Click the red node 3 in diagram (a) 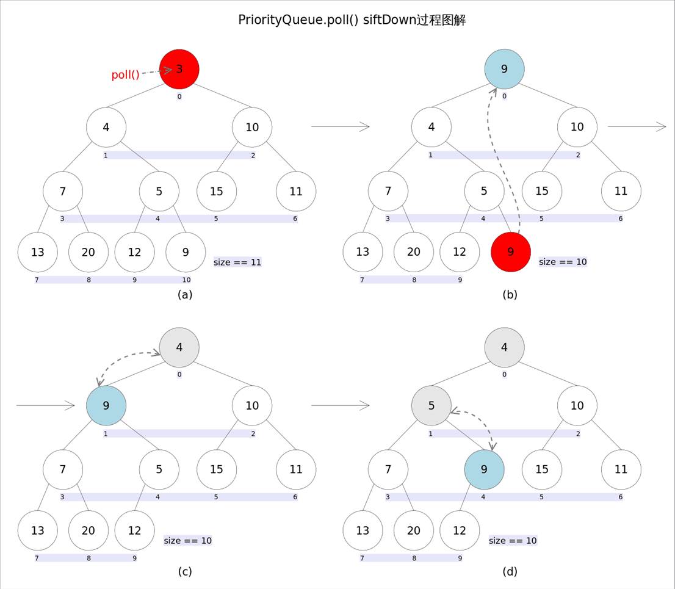point(179,69)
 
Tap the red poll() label point(125,75)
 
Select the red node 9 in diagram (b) point(511,252)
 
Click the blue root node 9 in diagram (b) point(504,69)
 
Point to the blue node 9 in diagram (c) point(106,405)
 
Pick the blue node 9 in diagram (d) point(484,469)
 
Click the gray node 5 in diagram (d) point(431,405)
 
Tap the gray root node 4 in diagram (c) point(179,348)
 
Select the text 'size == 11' point(237,262)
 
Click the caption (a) point(185,294)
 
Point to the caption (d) point(510,572)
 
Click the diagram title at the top point(352,20)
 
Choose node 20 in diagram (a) point(88,252)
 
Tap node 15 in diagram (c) point(217,469)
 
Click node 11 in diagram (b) point(621,191)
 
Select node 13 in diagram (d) point(363,530)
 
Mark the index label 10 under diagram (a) point(186,280)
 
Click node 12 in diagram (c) point(134,530)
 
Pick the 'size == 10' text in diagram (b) point(563,262)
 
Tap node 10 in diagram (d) point(577,405)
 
